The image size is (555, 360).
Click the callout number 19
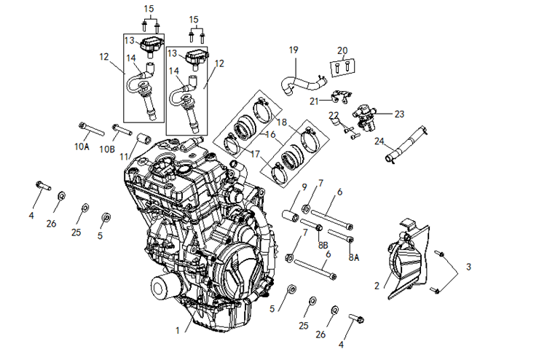294,50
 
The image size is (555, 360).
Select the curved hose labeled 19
295,79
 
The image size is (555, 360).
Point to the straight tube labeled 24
407,142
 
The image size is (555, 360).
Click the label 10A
82,146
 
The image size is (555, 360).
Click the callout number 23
398,114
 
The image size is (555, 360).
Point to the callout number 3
468,267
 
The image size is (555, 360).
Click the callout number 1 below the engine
177,330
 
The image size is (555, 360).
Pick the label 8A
353,257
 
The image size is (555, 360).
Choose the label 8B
323,246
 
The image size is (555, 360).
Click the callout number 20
342,50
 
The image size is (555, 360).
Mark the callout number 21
315,100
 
